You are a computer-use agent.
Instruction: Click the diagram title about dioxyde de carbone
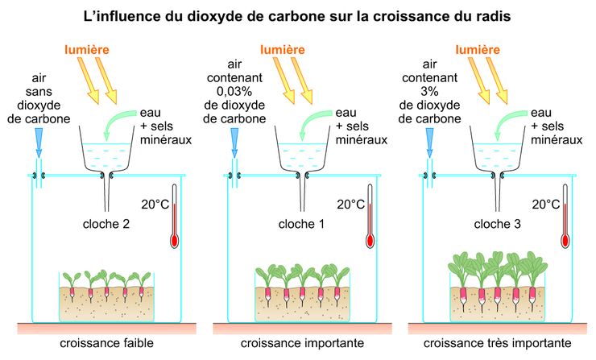click(297, 15)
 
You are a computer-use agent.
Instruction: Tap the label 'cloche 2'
click(105, 223)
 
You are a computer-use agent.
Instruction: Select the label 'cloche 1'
click(301, 223)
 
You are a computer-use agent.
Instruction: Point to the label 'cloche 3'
click(497, 223)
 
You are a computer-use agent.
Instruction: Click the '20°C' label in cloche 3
click(548, 205)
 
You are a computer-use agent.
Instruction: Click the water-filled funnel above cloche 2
click(105, 157)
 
